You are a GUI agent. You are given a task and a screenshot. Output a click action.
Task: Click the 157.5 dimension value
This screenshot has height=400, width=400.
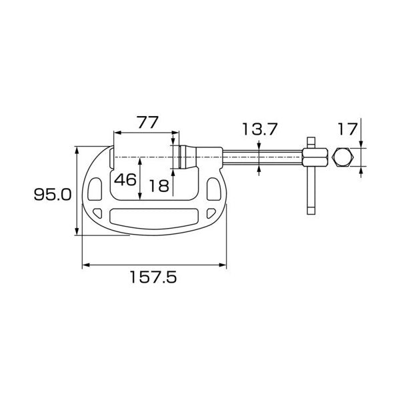(153, 277)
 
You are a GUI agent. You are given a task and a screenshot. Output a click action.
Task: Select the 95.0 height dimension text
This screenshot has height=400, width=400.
(53, 195)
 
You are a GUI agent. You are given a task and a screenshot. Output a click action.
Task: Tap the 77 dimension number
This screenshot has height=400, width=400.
(148, 122)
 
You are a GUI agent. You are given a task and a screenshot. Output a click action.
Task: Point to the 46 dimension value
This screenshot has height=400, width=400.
(125, 179)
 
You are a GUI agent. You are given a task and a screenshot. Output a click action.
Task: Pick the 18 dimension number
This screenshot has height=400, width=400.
(159, 186)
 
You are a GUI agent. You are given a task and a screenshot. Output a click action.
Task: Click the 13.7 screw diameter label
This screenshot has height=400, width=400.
(259, 129)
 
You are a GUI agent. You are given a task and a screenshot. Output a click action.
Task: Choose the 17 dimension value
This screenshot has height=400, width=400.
(347, 129)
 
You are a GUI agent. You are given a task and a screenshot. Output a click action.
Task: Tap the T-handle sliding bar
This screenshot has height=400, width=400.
(311, 176)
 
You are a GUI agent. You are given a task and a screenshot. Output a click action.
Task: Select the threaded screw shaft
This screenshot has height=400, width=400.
(262, 157)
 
